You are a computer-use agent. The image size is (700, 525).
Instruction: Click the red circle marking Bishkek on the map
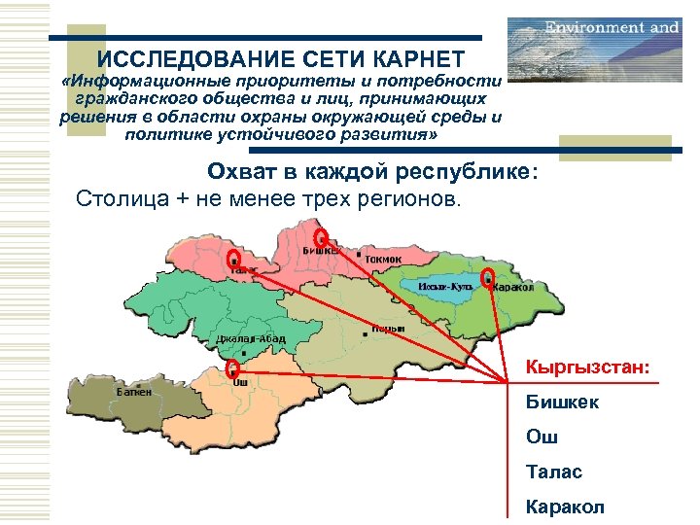[322, 237]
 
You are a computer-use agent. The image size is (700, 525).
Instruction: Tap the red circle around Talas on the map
[233, 259]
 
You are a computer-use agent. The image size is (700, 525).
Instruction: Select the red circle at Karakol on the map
[488, 278]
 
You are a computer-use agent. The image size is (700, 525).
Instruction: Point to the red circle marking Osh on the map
[232, 368]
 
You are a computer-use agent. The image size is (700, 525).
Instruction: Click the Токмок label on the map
[382, 260]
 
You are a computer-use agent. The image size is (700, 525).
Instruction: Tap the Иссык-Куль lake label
[444, 287]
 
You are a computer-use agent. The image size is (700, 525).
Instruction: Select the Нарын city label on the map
[388, 330]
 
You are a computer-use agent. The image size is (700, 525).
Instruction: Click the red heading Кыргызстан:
[587, 367]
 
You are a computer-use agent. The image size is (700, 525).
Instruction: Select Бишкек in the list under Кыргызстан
[562, 402]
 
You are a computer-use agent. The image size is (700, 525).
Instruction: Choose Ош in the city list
[542, 437]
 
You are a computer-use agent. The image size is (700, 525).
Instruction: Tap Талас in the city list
[553, 472]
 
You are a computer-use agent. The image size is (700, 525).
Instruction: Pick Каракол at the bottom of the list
[564, 507]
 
